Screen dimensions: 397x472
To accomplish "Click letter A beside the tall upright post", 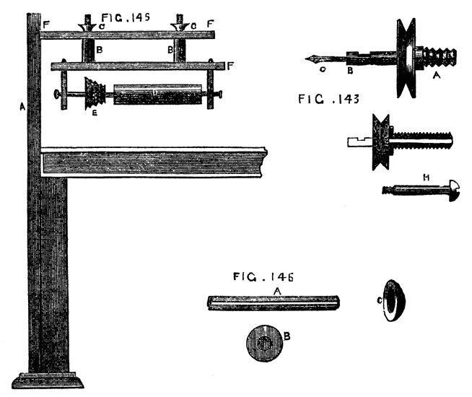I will [x=22, y=106].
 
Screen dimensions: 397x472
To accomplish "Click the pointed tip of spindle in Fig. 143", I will [x=309, y=58].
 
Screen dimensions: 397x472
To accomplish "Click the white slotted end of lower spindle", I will [x=357, y=141].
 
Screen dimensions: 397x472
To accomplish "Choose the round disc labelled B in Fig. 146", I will [x=263, y=339].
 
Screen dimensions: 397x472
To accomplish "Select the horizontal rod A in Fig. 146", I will [x=274, y=302].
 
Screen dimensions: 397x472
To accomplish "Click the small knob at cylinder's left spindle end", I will [x=56, y=94].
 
